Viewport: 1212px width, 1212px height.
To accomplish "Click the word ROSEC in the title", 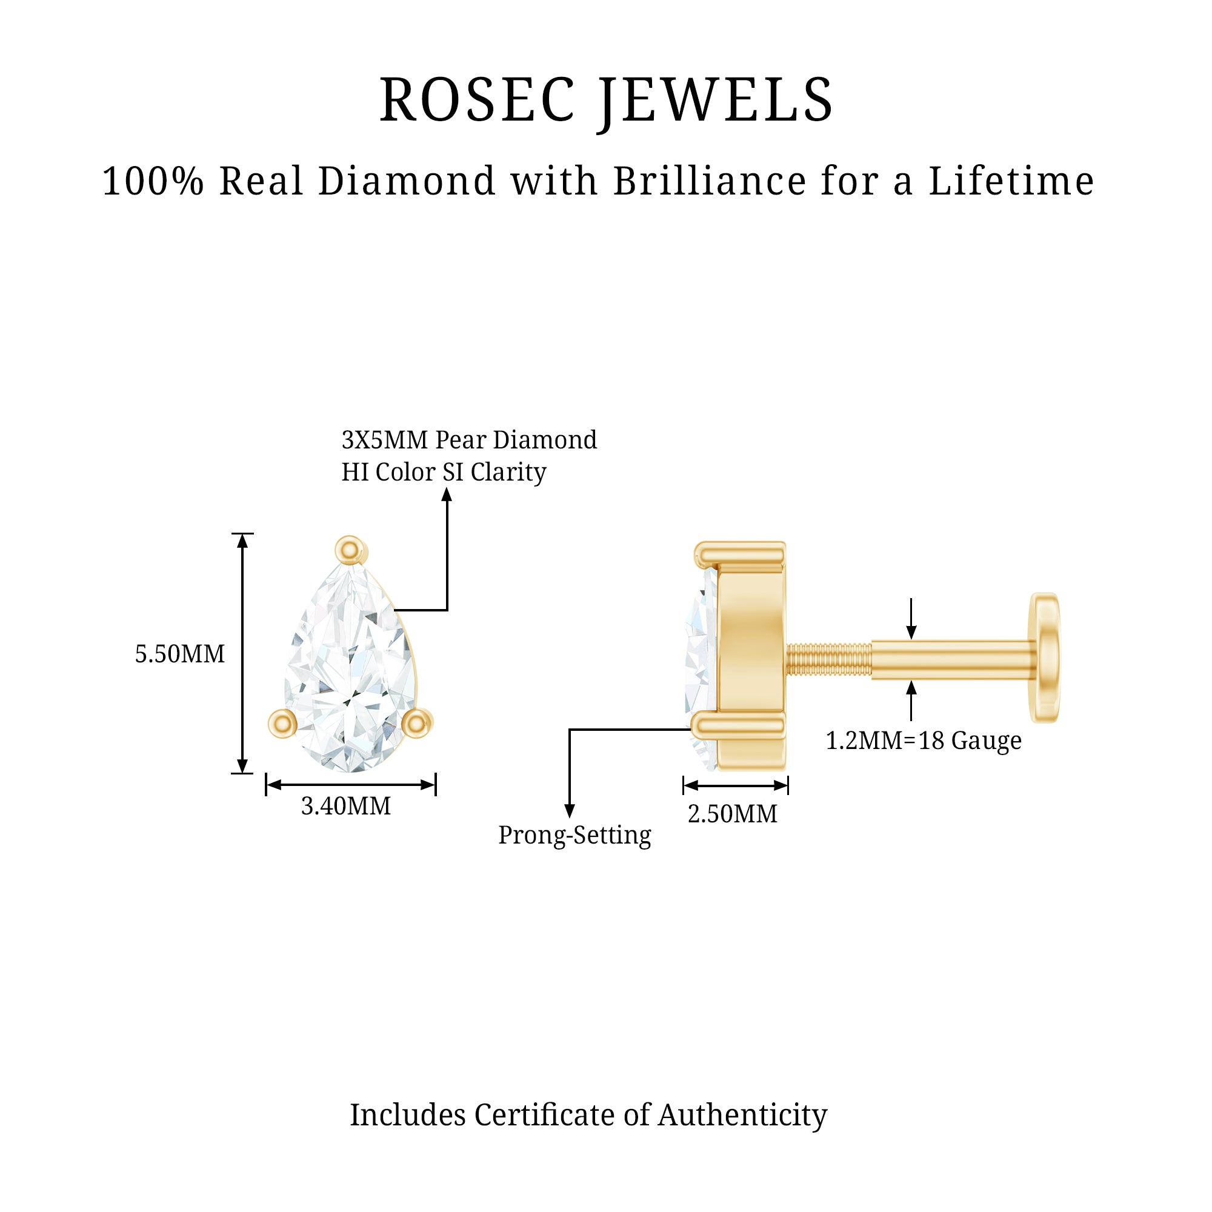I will pyautogui.click(x=477, y=101).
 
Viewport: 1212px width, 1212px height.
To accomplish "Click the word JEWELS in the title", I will pyautogui.click(x=715, y=101).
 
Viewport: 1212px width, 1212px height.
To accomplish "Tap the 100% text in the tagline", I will pyautogui.click(x=153, y=181).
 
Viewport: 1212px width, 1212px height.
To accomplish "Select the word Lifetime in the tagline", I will pyautogui.click(x=1011, y=181).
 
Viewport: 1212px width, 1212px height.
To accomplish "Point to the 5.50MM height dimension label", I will pyautogui.click(x=180, y=654).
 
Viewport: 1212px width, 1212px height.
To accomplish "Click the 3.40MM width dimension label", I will pyautogui.click(x=345, y=806).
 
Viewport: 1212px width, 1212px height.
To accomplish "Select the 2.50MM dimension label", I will pyautogui.click(x=732, y=814).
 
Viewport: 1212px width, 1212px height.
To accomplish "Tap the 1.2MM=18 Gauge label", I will pyautogui.click(x=924, y=741).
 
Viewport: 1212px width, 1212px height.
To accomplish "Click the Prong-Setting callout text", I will pyautogui.click(x=574, y=835).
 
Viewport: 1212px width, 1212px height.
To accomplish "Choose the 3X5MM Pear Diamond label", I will pyautogui.click(x=468, y=441).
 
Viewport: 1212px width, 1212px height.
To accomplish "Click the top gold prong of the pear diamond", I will pyautogui.click(x=350, y=551).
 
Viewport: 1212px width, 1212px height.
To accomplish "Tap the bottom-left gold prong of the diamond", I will pyautogui.click(x=283, y=724).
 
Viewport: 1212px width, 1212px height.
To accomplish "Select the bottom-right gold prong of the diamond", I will pyautogui.click(x=416, y=724).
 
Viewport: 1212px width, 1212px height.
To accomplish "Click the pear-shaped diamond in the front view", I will pyautogui.click(x=349, y=671).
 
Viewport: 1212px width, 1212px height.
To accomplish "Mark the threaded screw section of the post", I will pyautogui.click(x=828, y=659).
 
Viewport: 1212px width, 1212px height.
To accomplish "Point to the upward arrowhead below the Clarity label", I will pyautogui.click(x=447, y=496).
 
